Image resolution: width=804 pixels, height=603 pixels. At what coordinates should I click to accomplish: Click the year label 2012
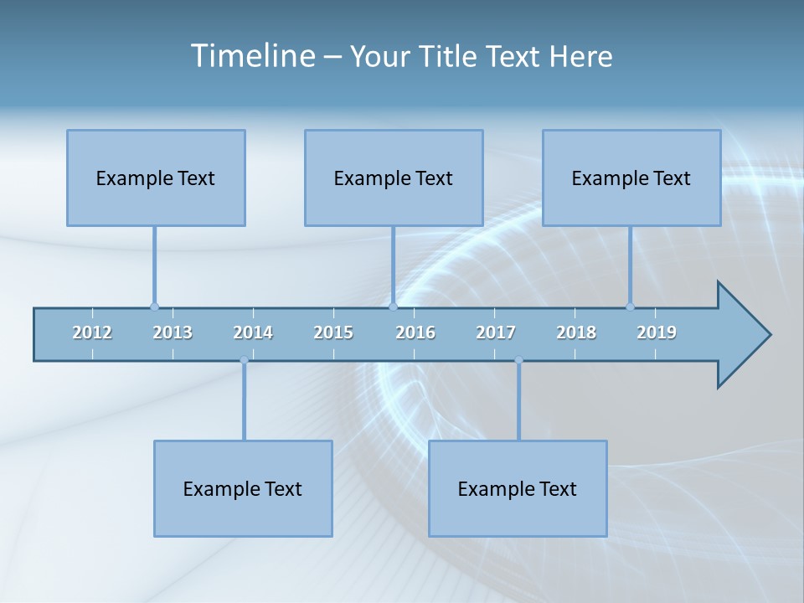[x=92, y=332]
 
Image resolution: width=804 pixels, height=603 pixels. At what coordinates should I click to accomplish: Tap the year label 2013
[x=173, y=332]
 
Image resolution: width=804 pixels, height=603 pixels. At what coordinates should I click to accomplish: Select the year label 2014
[x=253, y=332]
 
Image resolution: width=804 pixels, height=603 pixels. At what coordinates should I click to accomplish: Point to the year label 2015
[x=333, y=332]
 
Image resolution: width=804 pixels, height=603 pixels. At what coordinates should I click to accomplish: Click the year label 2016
[x=415, y=332]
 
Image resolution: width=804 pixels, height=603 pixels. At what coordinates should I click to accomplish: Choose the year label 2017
[x=496, y=332]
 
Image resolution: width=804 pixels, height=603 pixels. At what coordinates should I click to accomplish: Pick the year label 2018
[x=576, y=332]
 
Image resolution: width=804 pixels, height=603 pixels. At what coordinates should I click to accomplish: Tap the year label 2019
[x=657, y=332]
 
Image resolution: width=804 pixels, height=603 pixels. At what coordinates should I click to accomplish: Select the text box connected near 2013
[x=156, y=178]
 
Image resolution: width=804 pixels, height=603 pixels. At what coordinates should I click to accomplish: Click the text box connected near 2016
[x=394, y=178]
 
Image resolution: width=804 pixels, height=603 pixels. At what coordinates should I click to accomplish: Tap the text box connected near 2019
[x=631, y=178]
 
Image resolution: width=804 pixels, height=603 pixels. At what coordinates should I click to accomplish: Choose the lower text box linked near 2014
[x=243, y=488]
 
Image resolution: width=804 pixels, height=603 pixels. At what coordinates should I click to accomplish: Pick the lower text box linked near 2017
[x=518, y=488]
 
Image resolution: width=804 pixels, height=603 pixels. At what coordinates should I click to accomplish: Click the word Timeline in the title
[x=252, y=56]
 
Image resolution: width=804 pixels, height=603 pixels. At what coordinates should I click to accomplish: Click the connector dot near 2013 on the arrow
[x=154, y=307]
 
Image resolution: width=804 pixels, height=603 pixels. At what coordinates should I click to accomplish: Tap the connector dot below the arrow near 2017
[x=518, y=360]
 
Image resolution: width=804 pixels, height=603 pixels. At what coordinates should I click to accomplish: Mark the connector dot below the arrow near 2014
[x=244, y=360]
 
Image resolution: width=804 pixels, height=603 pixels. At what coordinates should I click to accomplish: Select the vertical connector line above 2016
[x=393, y=264]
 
